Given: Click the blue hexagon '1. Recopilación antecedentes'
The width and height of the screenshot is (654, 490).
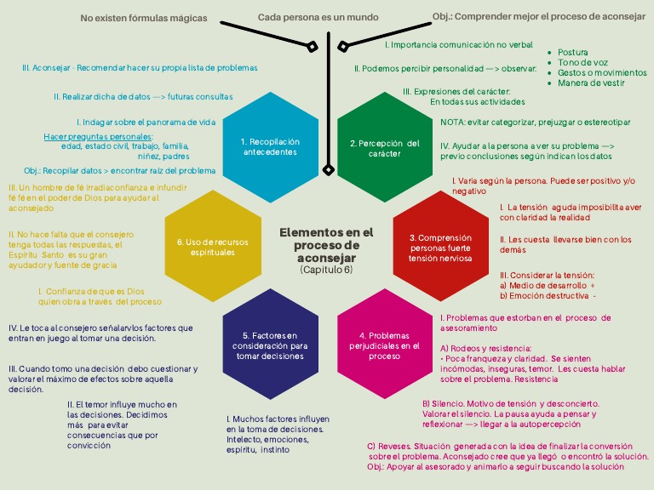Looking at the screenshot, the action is (269, 146).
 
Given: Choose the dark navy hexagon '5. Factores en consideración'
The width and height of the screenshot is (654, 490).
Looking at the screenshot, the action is (269, 345).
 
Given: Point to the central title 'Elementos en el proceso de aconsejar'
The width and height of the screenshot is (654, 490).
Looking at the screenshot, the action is (326, 244).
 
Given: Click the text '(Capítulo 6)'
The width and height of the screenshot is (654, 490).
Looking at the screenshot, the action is (326, 270).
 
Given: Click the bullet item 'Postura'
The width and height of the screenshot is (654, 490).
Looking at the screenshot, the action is (573, 53).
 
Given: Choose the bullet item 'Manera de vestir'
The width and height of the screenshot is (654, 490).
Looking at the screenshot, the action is (591, 83).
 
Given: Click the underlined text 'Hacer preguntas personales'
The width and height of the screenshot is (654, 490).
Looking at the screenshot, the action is (98, 136).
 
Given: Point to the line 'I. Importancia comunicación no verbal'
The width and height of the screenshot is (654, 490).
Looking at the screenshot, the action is (458, 44).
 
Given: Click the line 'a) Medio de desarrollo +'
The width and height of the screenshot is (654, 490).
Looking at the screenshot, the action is (547, 286).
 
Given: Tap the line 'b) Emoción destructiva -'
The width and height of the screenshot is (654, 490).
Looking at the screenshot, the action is (548, 296).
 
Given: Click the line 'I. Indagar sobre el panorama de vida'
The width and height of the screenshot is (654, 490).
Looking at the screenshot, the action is (146, 122).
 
